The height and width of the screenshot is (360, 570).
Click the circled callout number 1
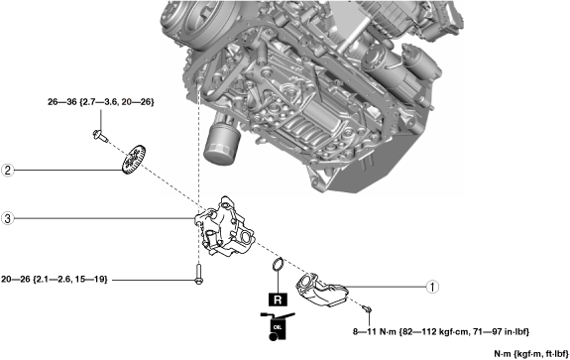tap(432, 287)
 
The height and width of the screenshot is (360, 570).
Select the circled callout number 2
tap(8, 171)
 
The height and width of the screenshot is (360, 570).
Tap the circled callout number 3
tap(8, 218)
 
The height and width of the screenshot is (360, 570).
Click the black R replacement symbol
tap(278, 300)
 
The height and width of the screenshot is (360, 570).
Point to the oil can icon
tap(277, 326)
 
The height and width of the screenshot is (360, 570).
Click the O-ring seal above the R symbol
tap(279, 264)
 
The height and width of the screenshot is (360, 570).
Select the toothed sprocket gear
tap(133, 160)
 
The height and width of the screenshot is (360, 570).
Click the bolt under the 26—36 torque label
tap(100, 136)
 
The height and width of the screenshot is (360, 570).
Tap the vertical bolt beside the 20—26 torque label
tap(198, 274)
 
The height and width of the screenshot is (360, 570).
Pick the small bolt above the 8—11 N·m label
tap(367, 309)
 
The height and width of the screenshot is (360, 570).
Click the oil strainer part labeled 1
tap(322, 290)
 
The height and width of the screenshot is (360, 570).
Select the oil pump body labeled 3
tap(224, 227)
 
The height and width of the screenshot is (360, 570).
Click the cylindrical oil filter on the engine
tap(221, 145)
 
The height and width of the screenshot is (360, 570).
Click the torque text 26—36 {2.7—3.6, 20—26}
tap(101, 102)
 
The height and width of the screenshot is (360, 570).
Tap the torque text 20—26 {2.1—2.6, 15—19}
tap(55, 280)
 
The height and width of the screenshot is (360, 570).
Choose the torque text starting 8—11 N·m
tap(441, 331)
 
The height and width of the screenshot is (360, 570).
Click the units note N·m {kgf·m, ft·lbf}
tap(531, 353)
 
